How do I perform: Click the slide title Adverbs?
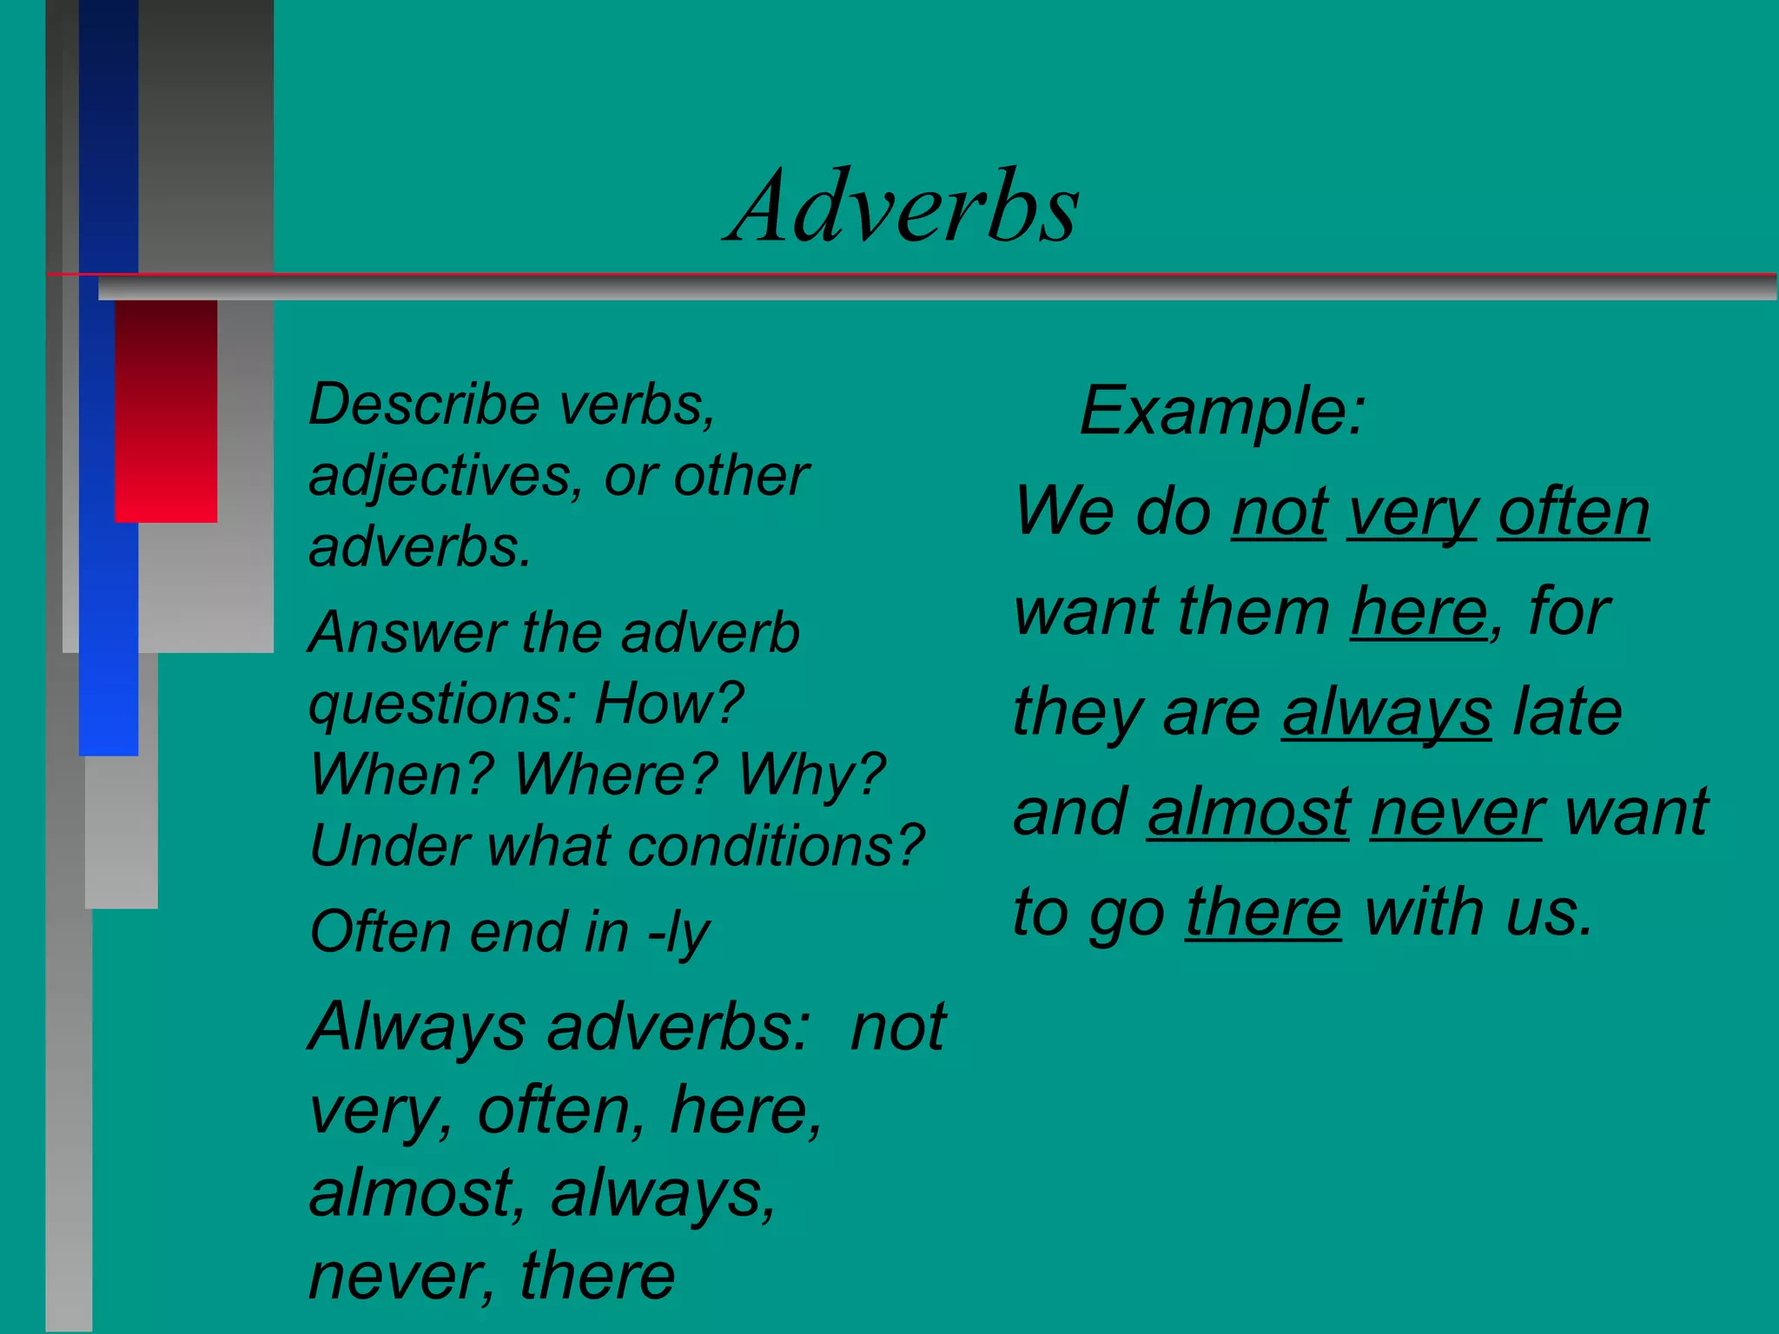coord(903,207)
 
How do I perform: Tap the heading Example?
coord(1222,410)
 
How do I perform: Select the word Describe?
coord(424,405)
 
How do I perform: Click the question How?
coord(669,703)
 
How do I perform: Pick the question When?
coord(401,774)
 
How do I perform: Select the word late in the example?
coord(1566,711)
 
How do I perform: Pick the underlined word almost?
coord(1248,812)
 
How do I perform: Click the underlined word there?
coord(1263,912)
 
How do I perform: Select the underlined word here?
coord(1418,611)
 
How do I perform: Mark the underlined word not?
coord(1279,512)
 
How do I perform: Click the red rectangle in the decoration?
coord(165,410)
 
